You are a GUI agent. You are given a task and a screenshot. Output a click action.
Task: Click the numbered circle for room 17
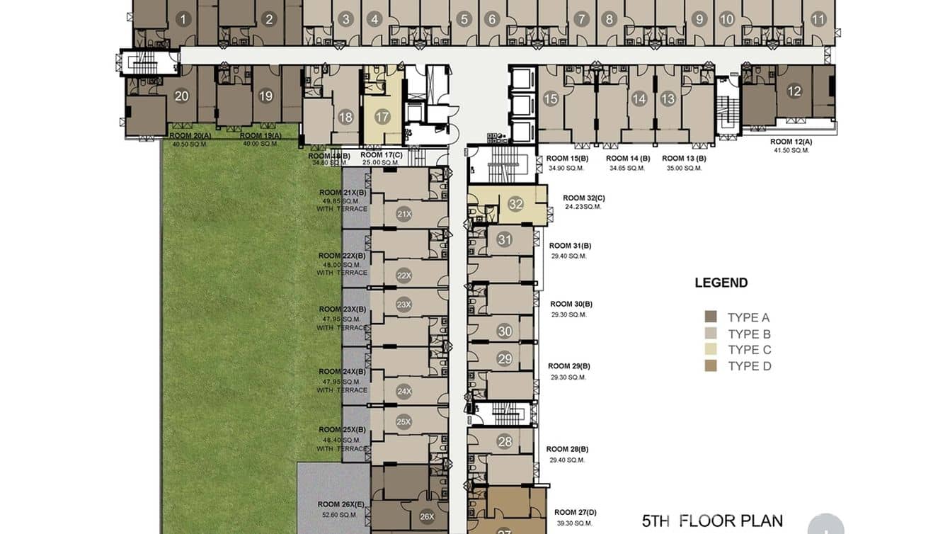coord(382,117)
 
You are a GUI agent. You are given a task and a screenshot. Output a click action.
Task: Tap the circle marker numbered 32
coord(516,205)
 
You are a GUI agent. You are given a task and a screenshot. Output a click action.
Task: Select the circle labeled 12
coord(794,91)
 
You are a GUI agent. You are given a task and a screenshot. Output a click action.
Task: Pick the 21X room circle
coord(404,214)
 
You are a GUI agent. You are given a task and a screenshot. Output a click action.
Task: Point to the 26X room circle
coord(427,517)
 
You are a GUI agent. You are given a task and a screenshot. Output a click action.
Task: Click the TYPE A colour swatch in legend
coord(711,317)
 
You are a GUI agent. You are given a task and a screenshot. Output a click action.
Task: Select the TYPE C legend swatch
coord(711,349)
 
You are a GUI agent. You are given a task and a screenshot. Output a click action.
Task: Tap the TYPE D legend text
coord(749,366)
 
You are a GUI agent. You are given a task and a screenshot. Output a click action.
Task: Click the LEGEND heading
coord(721,283)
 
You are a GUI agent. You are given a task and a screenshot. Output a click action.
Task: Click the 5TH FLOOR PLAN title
coord(712,521)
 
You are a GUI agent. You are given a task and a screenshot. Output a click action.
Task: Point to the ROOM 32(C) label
coord(584,198)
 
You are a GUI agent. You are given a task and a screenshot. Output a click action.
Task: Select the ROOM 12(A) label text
coord(791,142)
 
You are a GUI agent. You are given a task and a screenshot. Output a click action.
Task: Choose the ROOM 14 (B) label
coord(628,159)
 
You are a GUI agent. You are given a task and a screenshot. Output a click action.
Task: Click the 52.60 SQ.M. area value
coord(338,515)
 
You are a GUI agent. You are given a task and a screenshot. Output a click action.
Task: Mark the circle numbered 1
coord(183,19)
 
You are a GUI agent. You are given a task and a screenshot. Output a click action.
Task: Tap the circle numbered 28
coord(505,442)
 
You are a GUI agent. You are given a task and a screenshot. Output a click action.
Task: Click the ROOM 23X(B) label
coord(343,309)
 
